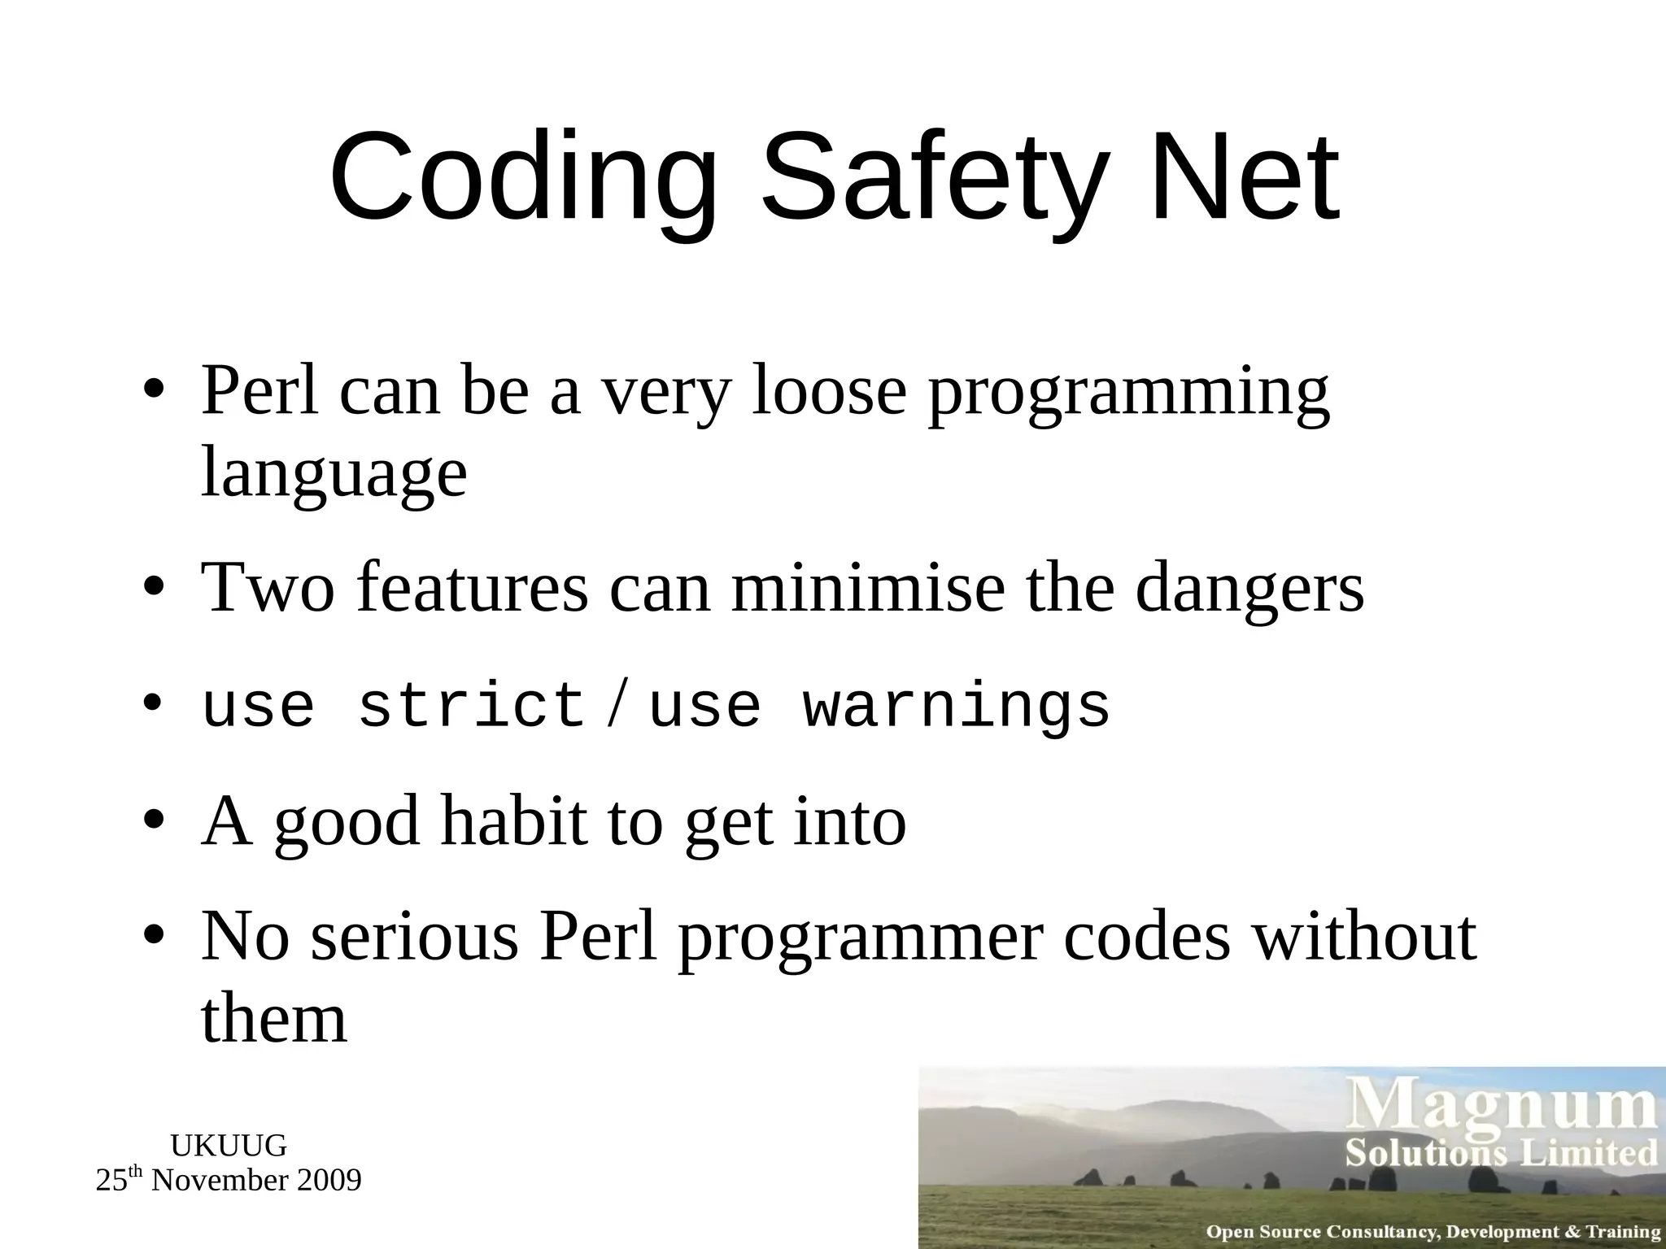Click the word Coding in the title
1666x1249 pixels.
[x=524, y=177]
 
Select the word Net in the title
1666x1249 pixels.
[x=1245, y=177]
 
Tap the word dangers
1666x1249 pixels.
[x=1249, y=590]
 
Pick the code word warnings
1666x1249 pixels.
[x=957, y=706]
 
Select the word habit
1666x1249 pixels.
[x=512, y=821]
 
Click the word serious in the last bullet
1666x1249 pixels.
[x=414, y=937]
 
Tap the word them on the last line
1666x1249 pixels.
[x=274, y=1020]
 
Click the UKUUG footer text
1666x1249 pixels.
[x=229, y=1146]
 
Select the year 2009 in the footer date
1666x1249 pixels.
[x=329, y=1181]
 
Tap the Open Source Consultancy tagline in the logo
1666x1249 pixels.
[x=1433, y=1232]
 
